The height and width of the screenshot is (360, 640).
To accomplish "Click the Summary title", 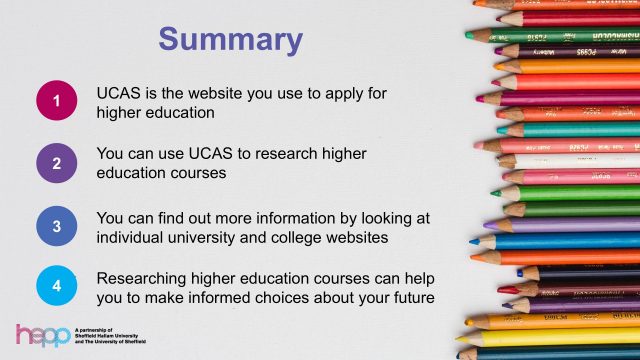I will [230, 40].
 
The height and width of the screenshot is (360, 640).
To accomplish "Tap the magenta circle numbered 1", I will [58, 102].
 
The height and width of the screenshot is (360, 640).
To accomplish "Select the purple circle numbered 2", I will [58, 162].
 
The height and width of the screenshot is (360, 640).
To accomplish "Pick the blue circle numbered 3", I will [58, 226].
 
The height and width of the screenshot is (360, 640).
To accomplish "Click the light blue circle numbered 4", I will [58, 285].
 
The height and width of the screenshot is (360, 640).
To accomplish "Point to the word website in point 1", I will [230, 93].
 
